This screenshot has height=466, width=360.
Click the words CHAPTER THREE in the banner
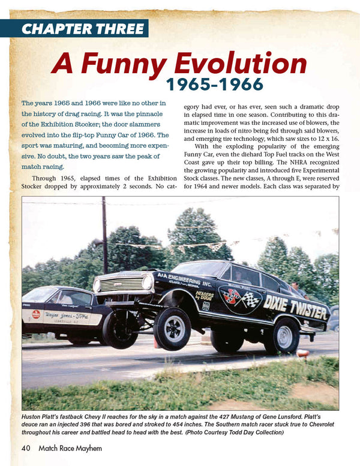[x=83, y=28]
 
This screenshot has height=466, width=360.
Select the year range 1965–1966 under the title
[x=214, y=83]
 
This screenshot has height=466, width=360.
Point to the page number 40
[x=26, y=447]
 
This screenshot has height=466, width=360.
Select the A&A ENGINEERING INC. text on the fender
[x=185, y=280]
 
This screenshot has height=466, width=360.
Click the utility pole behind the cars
[x=104, y=234]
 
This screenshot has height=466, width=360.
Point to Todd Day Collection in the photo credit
[x=307, y=433]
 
